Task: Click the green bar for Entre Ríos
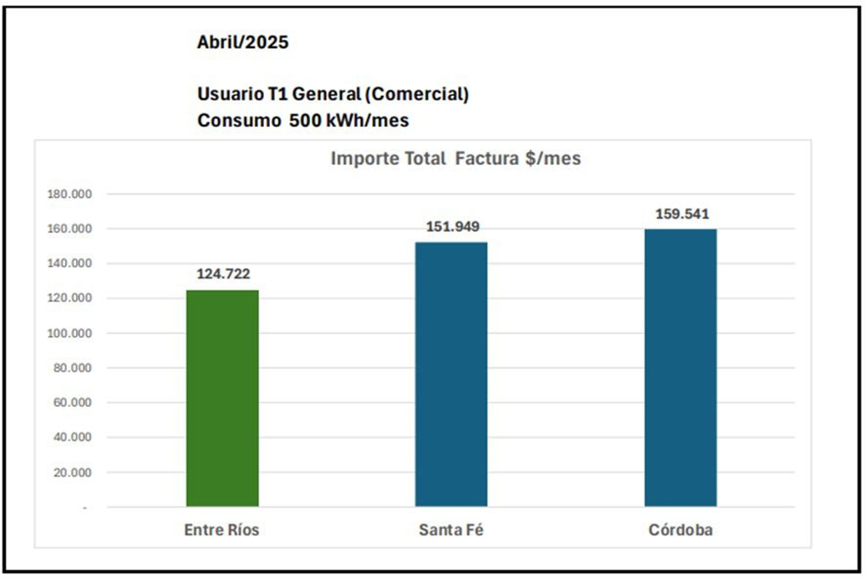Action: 222,398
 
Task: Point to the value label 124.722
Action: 223,274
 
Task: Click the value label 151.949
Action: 452,226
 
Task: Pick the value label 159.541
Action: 682,214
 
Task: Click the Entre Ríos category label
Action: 221,530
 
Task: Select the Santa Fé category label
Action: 451,530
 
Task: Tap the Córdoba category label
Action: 680,530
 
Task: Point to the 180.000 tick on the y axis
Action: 69,194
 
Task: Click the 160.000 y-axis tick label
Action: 69,229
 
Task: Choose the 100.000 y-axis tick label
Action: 69,333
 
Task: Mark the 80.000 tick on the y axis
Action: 72,368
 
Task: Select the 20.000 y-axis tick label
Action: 72,472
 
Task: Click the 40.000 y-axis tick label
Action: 72,437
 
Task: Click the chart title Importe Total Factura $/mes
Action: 456,158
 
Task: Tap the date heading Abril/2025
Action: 243,42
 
